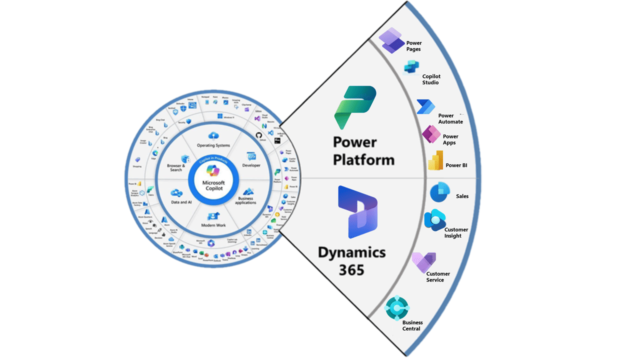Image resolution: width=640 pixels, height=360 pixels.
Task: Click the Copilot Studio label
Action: (x=430, y=79)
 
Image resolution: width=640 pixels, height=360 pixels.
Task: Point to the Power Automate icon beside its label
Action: (x=425, y=107)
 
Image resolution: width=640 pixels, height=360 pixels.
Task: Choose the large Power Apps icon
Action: (x=431, y=134)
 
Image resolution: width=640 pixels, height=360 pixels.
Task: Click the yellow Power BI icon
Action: (x=435, y=160)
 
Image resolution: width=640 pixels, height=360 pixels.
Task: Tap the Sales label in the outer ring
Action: (x=462, y=196)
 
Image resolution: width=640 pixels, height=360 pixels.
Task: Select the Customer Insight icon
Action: (x=434, y=220)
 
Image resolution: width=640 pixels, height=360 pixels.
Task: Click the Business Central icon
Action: (x=397, y=308)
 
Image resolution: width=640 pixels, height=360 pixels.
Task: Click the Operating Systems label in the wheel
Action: (x=213, y=145)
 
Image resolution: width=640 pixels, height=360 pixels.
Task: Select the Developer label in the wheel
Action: (x=251, y=165)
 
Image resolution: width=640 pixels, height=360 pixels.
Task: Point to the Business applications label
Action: (x=245, y=200)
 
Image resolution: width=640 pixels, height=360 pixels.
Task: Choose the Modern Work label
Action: (x=213, y=225)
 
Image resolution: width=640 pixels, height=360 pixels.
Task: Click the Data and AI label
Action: (x=181, y=202)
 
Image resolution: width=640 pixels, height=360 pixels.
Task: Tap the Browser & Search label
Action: (x=176, y=167)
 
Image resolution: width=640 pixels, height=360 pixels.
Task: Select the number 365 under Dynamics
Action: (x=351, y=270)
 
